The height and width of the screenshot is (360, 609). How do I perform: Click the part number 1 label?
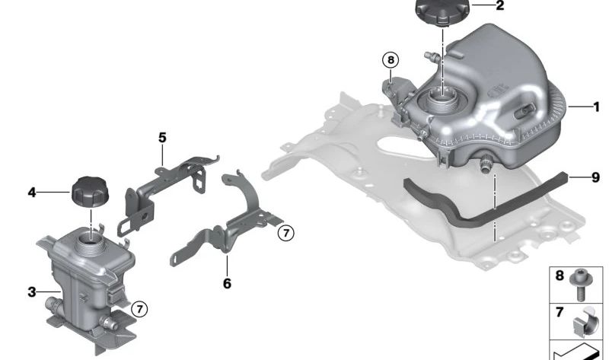pyautogui.click(x=597, y=107)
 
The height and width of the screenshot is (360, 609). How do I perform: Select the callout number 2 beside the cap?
pyautogui.click(x=500, y=5)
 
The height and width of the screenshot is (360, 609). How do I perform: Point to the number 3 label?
pyautogui.click(x=32, y=292)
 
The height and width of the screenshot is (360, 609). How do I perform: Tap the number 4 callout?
pyautogui.click(x=32, y=192)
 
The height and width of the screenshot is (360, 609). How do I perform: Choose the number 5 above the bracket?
pyautogui.click(x=162, y=138)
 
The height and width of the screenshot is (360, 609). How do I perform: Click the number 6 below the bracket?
pyautogui.click(x=227, y=283)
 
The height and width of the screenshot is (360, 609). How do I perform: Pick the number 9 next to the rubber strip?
pyautogui.click(x=595, y=177)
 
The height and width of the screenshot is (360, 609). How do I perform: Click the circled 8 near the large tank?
pyautogui.click(x=391, y=60)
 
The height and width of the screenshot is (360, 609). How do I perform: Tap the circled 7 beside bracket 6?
pyautogui.click(x=286, y=233)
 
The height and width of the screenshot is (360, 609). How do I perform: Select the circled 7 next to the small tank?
pyautogui.click(x=139, y=309)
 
